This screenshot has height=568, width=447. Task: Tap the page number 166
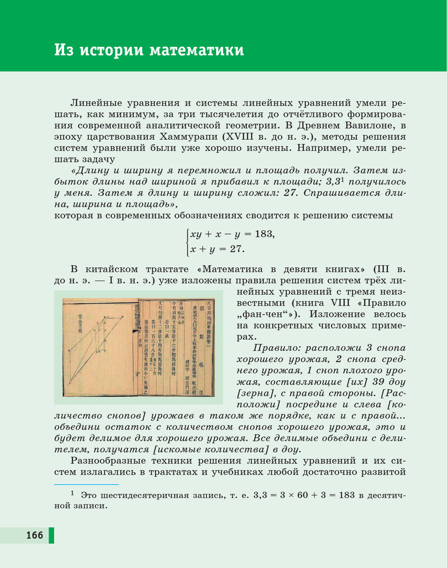(x=34, y=535)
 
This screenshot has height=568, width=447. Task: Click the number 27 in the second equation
(x=237, y=249)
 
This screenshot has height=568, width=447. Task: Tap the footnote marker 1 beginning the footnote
(x=72, y=493)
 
